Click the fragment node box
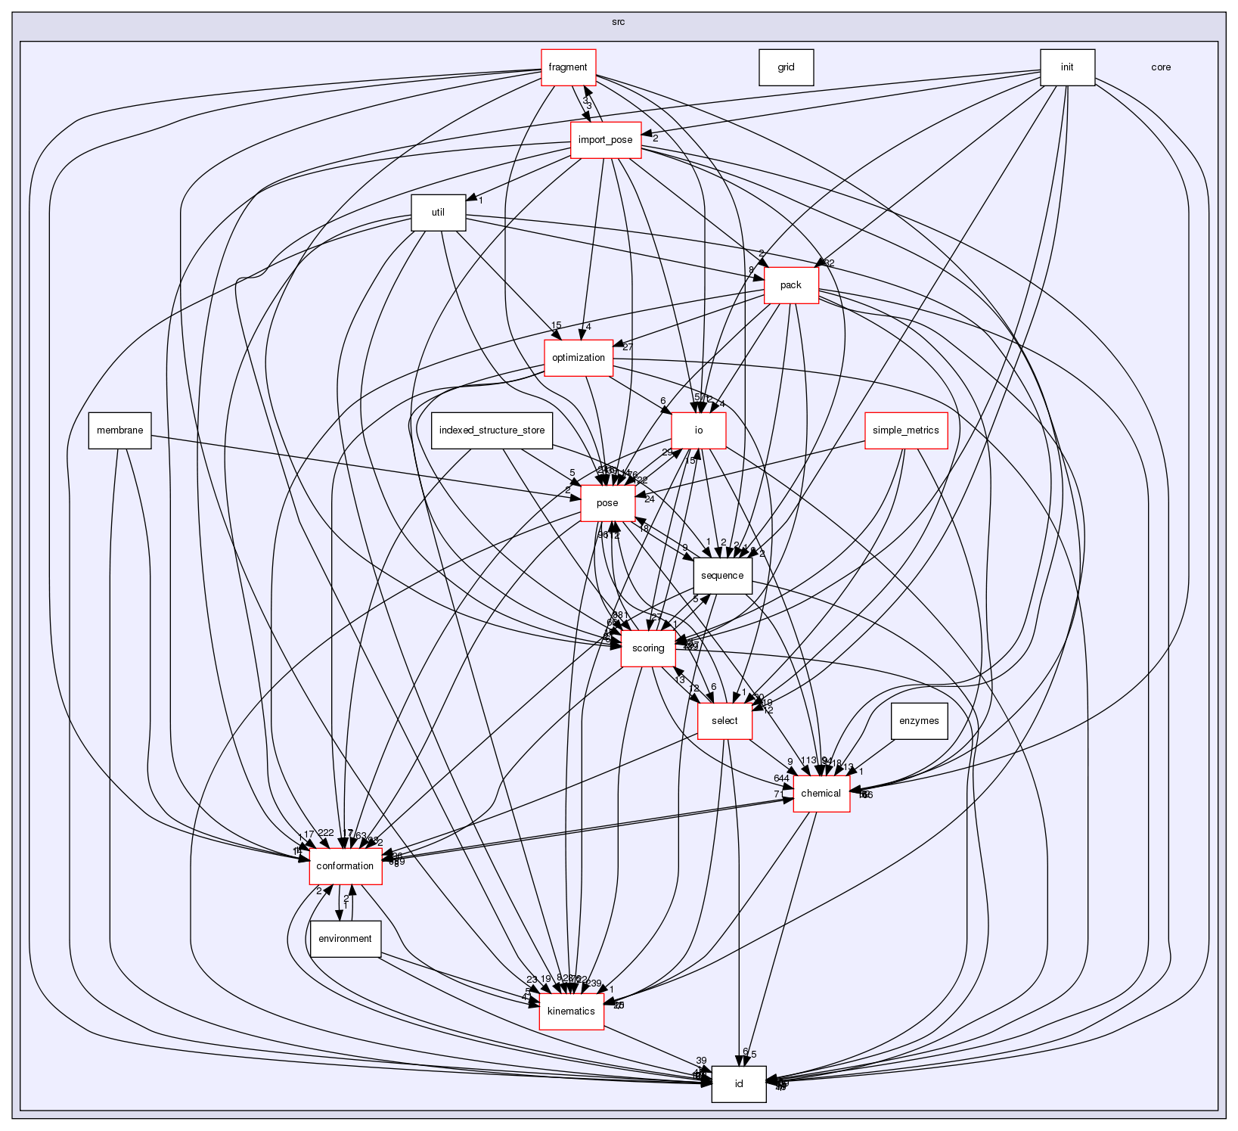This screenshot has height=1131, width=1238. pos(568,67)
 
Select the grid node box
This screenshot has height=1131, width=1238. pos(786,67)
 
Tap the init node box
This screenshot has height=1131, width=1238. pos(1066,67)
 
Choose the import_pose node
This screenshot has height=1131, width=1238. pos(605,140)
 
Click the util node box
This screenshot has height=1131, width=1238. pos(438,213)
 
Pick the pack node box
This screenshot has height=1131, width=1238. pos(790,285)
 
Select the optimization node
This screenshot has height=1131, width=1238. pos(579,358)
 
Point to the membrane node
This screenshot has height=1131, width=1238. pos(119,430)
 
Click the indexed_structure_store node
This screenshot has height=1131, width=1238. pos(492,430)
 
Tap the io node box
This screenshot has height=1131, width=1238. pos(699,430)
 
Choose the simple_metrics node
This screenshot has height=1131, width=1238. pos(905,430)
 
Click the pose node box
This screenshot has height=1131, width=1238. pos(607,503)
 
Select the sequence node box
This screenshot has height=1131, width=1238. pos(722,576)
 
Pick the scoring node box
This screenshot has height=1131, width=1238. pos(648,648)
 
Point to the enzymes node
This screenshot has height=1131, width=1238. pos(919,721)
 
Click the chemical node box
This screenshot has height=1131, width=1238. pos(821,794)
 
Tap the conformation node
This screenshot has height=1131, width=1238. pos(345,866)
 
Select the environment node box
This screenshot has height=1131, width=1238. pos(345,939)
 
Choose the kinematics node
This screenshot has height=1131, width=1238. pos(571,1011)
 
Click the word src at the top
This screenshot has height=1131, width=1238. pos(618,22)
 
